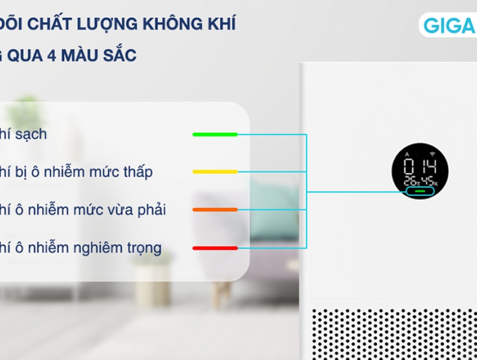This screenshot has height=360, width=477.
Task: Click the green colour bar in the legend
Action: pos(215,134)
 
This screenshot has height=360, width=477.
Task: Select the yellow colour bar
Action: pos(215,172)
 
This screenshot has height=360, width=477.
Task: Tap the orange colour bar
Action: pos(215,210)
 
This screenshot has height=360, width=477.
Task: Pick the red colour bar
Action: pos(215,247)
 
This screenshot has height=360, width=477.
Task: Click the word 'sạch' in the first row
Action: pos(31,134)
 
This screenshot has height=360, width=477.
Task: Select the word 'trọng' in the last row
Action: pos(143,248)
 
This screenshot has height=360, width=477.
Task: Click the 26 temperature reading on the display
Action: pos(408,182)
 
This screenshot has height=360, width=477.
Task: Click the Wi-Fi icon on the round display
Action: pos(433,153)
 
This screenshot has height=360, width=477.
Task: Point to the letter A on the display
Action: pos(408,154)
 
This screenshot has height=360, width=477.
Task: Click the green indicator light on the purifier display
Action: pos(420,191)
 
